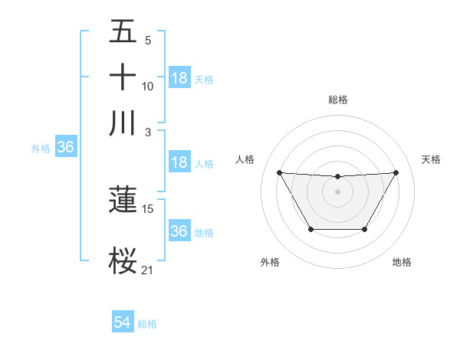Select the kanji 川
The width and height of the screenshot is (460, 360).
click(x=123, y=123)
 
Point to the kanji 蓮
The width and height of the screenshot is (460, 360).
click(x=123, y=200)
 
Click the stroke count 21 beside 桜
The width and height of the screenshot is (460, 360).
click(x=147, y=270)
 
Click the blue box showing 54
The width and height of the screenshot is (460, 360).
click(x=122, y=322)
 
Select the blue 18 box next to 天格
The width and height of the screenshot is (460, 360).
click(x=179, y=77)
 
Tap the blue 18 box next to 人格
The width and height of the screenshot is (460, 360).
click(x=179, y=162)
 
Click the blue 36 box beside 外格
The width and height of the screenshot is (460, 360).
click(x=65, y=148)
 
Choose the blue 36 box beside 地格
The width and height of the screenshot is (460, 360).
click(x=179, y=231)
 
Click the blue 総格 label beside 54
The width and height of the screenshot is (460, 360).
click(x=147, y=324)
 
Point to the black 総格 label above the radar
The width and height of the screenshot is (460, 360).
click(x=337, y=100)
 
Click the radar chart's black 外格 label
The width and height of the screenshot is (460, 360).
click(x=270, y=262)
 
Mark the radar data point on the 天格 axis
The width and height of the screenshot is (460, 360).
click(x=396, y=172)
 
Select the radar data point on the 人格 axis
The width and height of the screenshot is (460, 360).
click(x=279, y=172)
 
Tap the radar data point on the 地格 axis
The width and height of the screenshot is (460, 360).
click(x=364, y=229)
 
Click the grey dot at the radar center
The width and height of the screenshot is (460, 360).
click(x=337, y=191)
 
